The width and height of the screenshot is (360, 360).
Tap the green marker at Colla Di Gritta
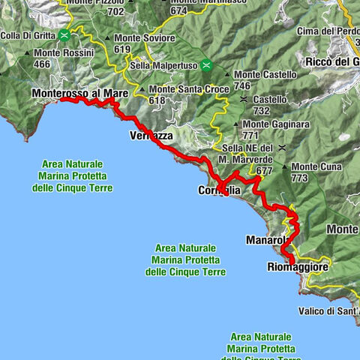66,34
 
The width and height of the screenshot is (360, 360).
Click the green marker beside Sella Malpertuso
207,66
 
